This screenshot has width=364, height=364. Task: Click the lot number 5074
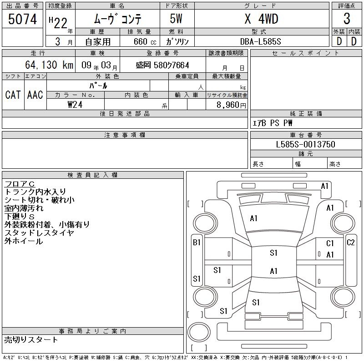pyautogui.click(x=22, y=19)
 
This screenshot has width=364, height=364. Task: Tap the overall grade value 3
pyautogui.click(x=347, y=19)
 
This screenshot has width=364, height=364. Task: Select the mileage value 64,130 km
pyautogui.click(x=49, y=65)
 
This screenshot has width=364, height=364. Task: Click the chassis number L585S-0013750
pyautogui.click(x=305, y=144)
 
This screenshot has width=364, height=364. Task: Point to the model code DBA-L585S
pyautogui.click(x=260, y=41)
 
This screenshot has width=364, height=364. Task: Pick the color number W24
pyautogui.click(x=75, y=105)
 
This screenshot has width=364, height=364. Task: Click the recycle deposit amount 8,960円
pyautogui.click(x=231, y=105)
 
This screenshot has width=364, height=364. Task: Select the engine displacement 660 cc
pyautogui.click(x=145, y=41)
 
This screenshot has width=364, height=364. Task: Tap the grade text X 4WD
pyautogui.click(x=261, y=19)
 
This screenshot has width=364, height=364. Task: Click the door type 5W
pyautogui.click(x=176, y=19)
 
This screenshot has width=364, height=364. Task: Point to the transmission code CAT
pyautogui.click(x=13, y=95)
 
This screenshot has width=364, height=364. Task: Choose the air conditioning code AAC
pyautogui.click(x=35, y=95)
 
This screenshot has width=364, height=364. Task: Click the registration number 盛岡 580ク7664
pyautogui.click(x=162, y=65)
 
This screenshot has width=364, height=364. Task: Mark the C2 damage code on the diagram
pyautogui.click(x=350, y=243)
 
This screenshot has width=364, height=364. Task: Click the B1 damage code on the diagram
pyautogui.click(x=197, y=243)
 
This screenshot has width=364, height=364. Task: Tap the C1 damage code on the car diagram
pyautogui.click(x=330, y=243)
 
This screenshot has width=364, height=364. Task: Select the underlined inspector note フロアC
pyautogui.click(x=20, y=184)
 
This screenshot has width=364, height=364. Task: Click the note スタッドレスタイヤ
pyautogui.click(x=39, y=233)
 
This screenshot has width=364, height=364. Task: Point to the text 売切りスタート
pyautogui.click(x=31, y=340)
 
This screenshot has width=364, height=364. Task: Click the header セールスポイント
pyautogui.click(x=306, y=53)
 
